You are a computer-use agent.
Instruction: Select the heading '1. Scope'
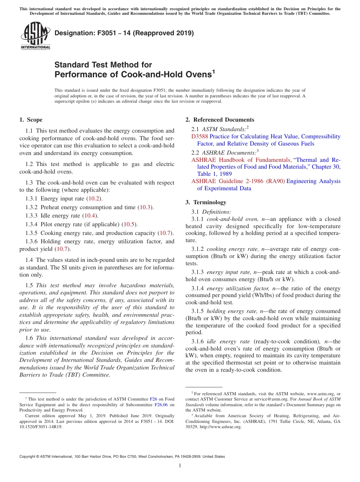click(31, 120)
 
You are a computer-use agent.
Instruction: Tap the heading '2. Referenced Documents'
click(220, 120)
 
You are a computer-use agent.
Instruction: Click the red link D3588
click(199, 136)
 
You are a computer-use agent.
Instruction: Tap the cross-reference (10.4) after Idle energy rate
click(90, 216)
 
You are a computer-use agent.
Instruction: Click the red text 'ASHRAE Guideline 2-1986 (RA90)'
click(238, 181)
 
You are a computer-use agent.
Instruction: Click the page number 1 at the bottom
click(180, 466)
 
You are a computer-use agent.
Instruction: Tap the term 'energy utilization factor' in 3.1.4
click(238, 288)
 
